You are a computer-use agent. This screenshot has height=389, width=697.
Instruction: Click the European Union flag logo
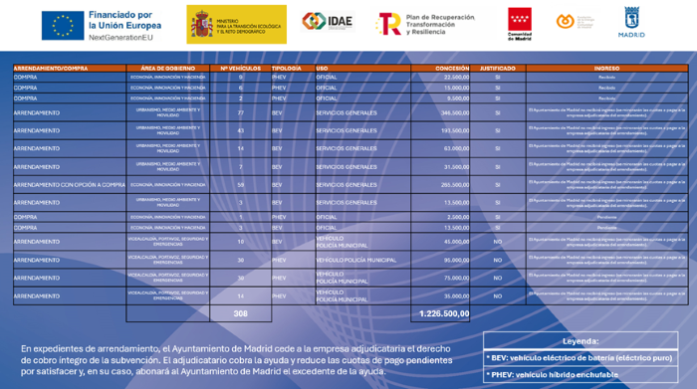click(63, 24)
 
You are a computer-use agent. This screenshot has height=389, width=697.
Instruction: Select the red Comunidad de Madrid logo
click(520, 23)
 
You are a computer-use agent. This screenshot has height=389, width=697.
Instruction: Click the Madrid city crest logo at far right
click(632, 22)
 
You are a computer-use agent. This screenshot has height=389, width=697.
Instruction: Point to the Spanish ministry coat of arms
click(202, 23)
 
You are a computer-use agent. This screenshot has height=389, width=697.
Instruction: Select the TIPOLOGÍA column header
click(287, 68)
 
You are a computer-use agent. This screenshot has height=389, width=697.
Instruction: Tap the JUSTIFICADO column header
click(497, 68)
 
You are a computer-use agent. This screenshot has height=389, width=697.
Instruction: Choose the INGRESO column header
click(606, 68)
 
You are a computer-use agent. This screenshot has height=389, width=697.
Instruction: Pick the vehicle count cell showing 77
click(241, 112)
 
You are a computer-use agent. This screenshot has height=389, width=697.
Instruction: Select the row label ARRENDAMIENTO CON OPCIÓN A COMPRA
click(69, 184)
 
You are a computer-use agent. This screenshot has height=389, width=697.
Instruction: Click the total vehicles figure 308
click(240, 313)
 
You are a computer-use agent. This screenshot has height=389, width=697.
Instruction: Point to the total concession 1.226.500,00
click(444, 313)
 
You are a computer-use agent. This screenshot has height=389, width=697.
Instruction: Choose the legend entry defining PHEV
click(552, 374)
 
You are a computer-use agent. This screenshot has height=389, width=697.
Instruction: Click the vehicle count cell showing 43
click(241, 130)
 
